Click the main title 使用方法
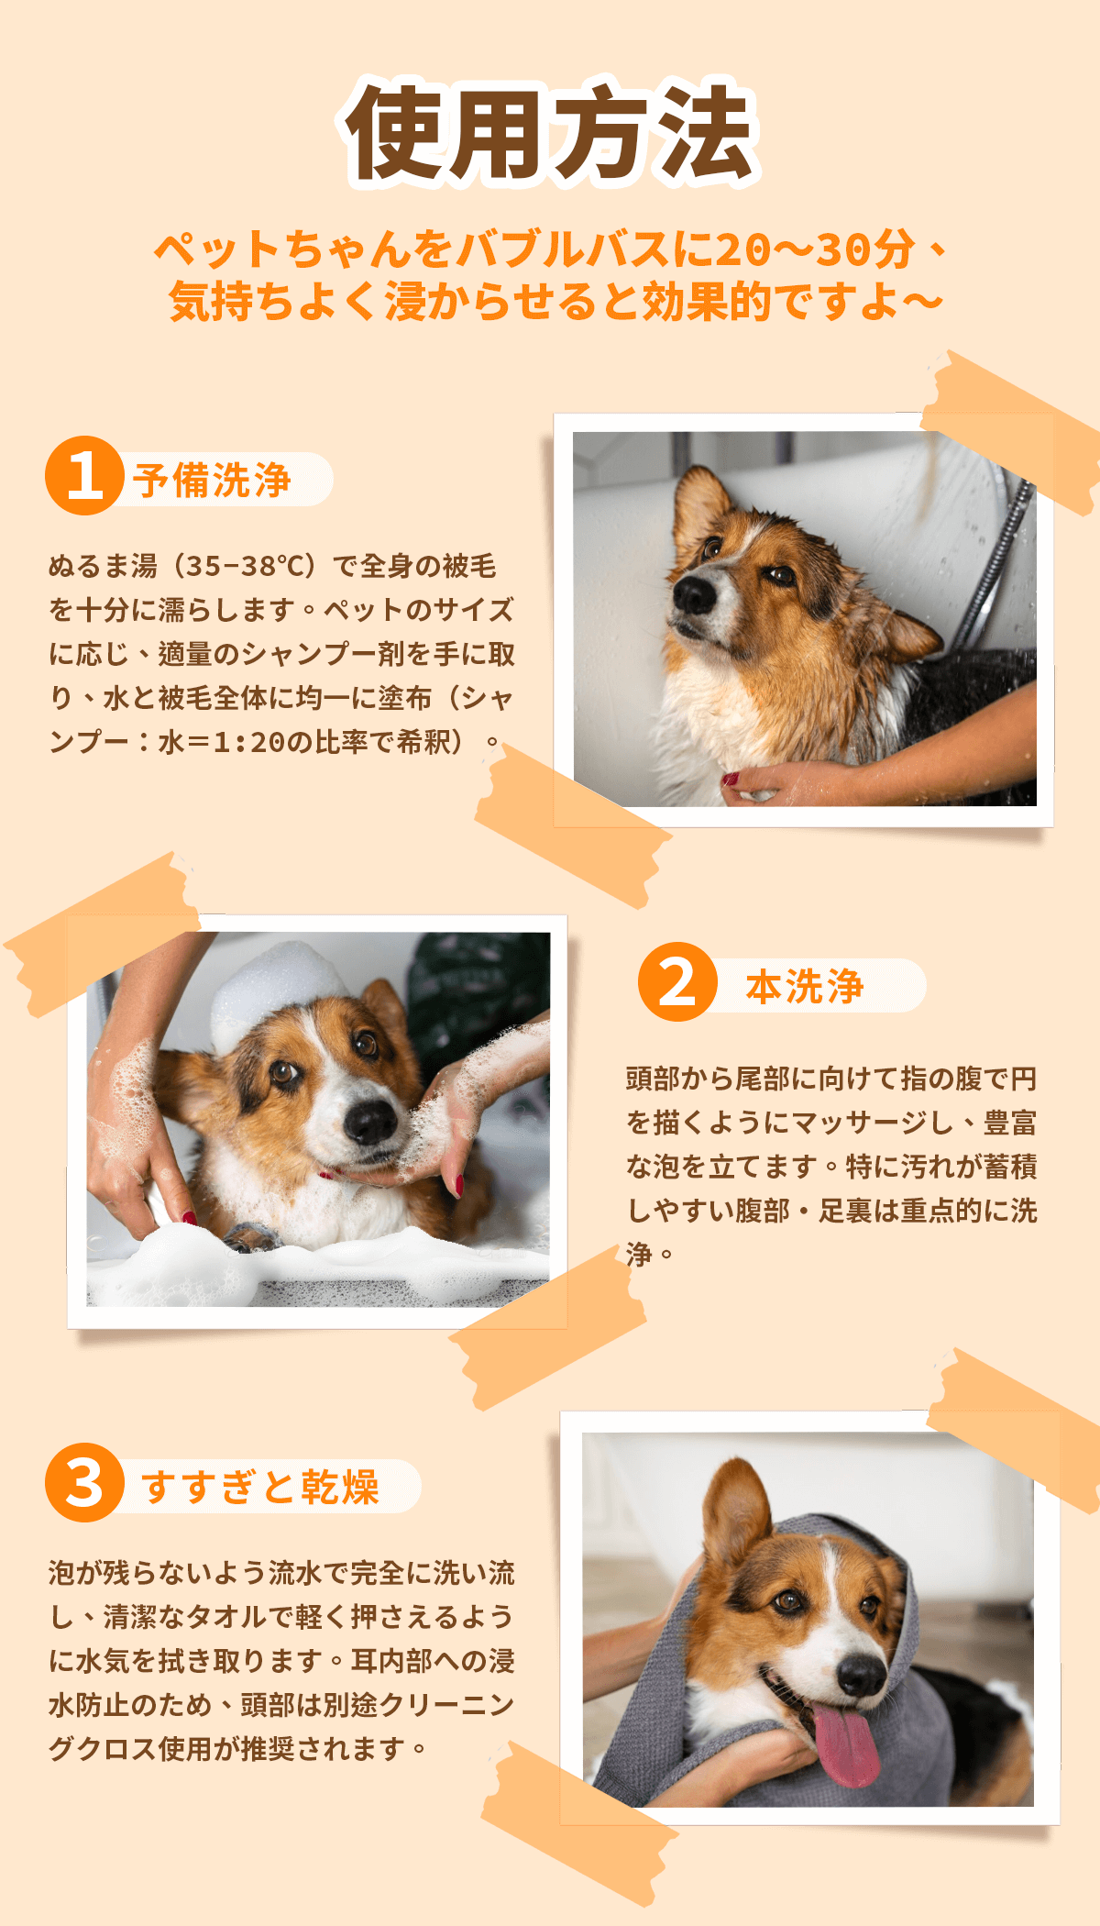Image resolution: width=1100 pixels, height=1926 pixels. click(x=550, y=132)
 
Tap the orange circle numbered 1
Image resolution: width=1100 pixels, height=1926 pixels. click(x=84, y=475)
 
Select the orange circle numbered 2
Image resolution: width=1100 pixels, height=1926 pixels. click(x=677, y=981)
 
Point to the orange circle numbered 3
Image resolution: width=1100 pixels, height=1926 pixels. click(x=84, y=1482)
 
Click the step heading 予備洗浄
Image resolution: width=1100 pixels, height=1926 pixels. click(x=212, y=480)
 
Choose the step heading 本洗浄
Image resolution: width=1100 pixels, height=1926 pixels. click(x=804, y=986)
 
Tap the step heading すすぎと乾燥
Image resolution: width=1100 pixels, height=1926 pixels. click(x=260, y=1487)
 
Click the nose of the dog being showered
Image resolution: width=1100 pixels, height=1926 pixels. click(x=694, y=595)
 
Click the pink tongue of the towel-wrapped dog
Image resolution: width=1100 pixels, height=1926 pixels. click(x=845, y=1743)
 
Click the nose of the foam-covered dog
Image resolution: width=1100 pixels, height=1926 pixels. click(x=370, y=1120)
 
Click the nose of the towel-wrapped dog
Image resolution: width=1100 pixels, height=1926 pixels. click(x=862, y=1675)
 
